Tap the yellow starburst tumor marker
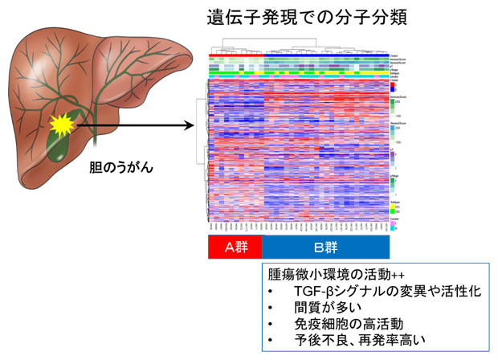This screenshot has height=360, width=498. [61, 125]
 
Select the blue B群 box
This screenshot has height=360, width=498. [326, 246]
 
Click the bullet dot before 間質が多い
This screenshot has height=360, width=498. [272, 309]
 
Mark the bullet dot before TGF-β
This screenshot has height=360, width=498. [272, 292]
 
